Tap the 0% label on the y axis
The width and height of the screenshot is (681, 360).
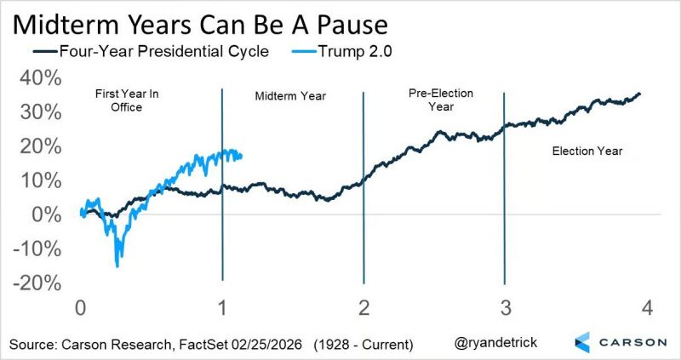coord(45,214)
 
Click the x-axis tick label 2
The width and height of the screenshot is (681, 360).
coord(363,307)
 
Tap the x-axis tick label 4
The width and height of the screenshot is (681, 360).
coord(646,307)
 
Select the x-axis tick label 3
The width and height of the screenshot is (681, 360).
coord(505,307)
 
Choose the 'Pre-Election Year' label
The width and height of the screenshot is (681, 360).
coord(441,100)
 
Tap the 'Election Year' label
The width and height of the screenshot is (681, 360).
coord(587,151)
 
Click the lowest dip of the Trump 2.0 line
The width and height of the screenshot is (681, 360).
coord(117,266)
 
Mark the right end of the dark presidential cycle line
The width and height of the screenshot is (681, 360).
coord(640,94)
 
